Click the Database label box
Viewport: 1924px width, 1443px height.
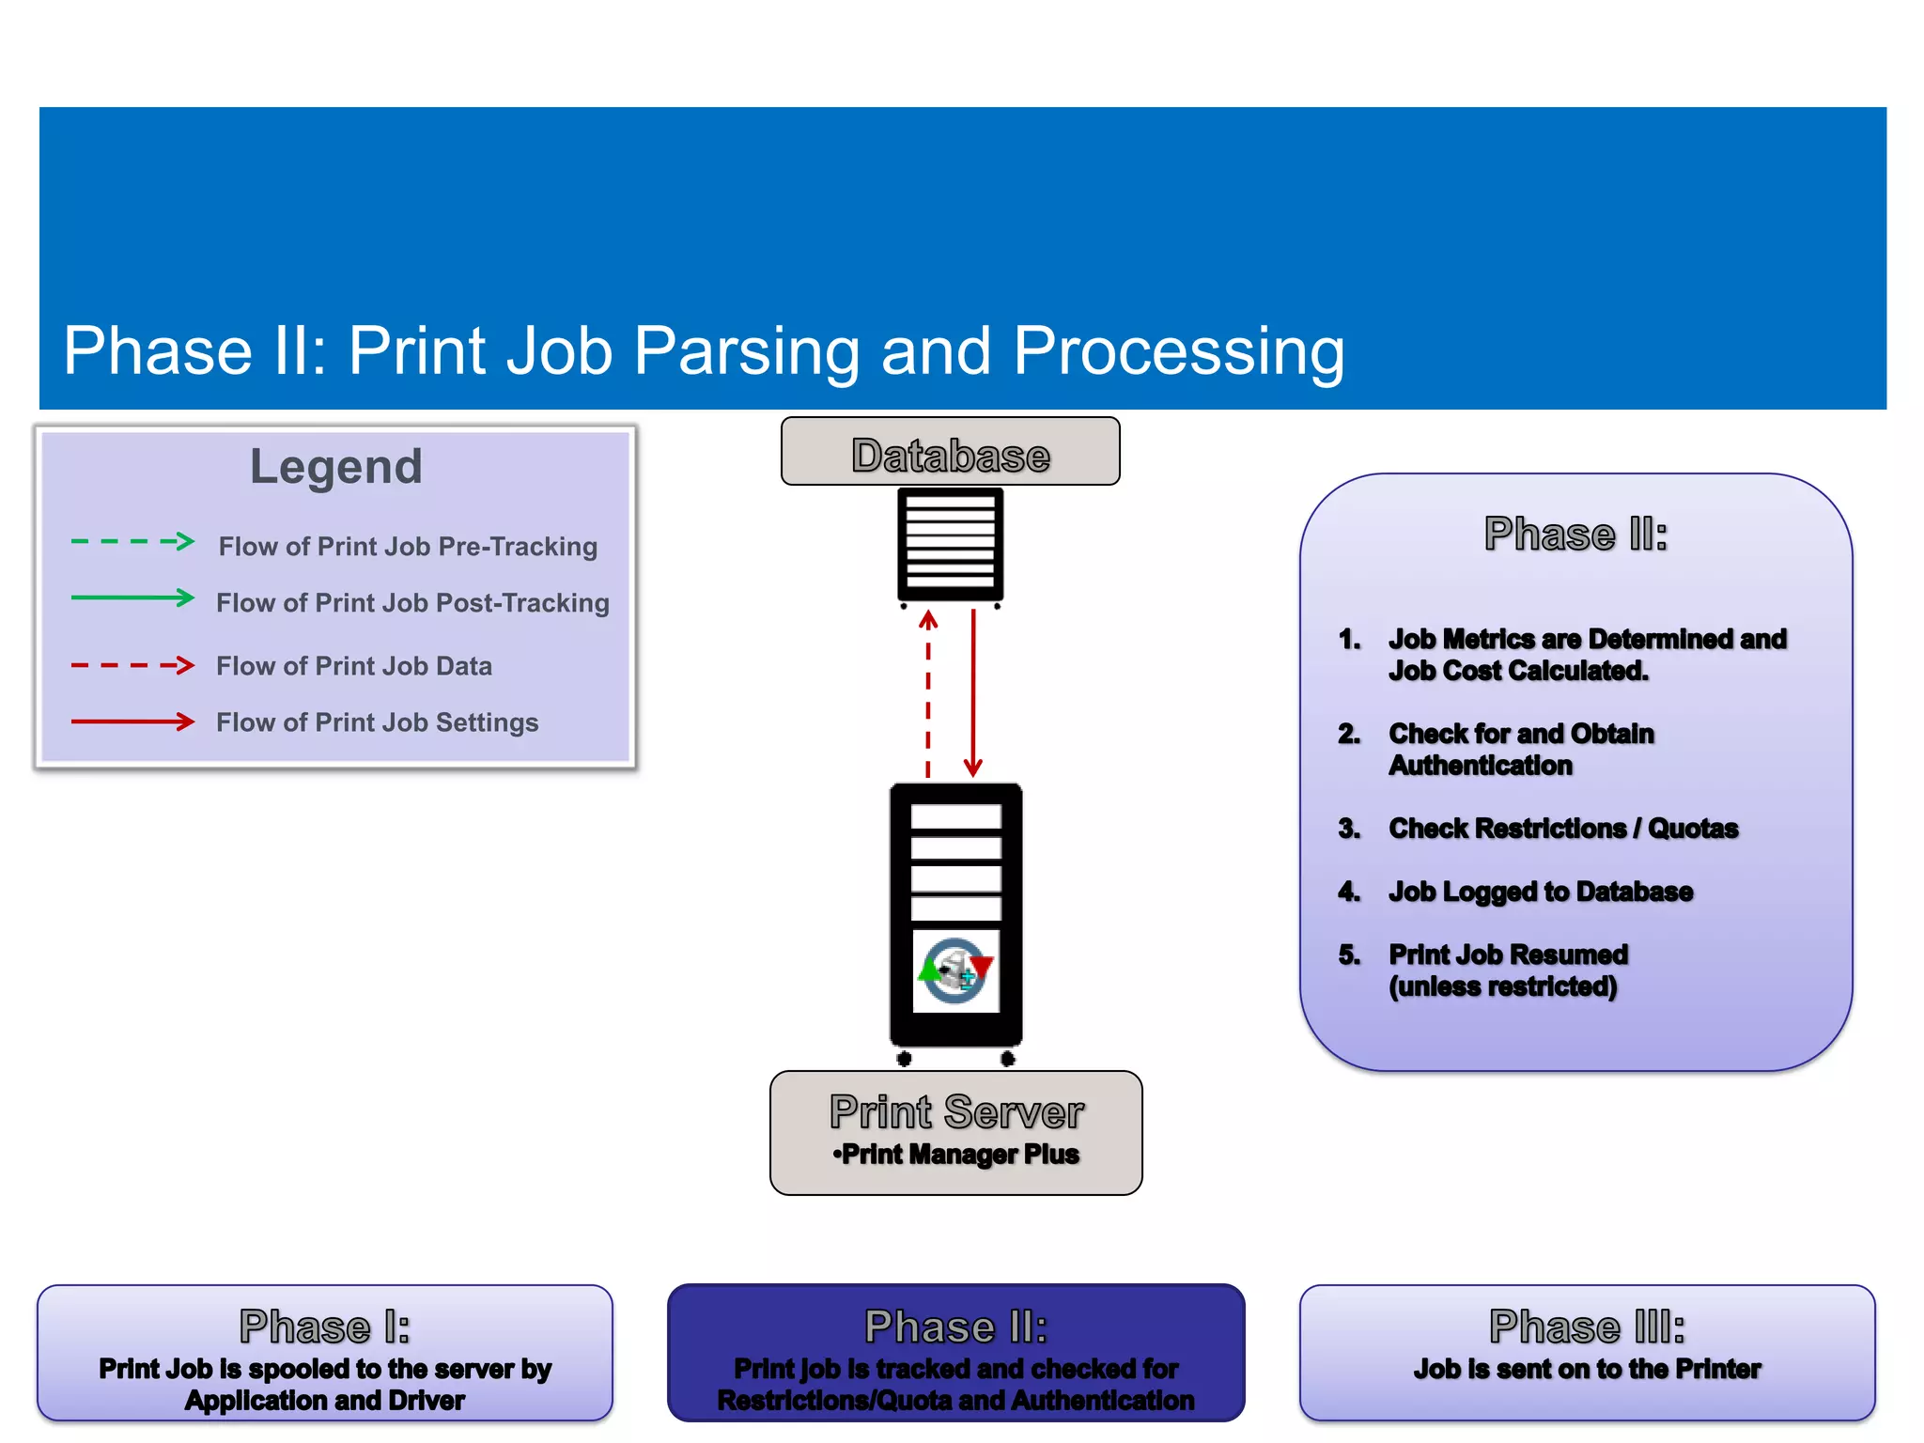(950, 452)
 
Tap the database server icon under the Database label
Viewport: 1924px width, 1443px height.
(950, 545)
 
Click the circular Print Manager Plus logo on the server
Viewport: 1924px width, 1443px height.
(955, 970)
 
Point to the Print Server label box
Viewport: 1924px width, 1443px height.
(955, 1132)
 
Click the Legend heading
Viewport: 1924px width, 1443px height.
(335, 467)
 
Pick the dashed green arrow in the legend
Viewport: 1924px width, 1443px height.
(132, 542)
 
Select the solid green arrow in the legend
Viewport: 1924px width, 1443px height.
(132, 598)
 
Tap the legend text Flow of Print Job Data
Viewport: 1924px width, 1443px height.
(354, 666)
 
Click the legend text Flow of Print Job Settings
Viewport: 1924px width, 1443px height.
(377, 722)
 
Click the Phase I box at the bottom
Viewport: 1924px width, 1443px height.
(325, 1354)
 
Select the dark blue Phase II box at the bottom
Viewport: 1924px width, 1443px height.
(955, 1354)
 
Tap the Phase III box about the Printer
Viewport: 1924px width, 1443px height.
(1587, 1354)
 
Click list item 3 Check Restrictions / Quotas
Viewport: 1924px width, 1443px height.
(1563, 829)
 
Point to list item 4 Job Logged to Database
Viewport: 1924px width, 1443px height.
(1541, 892)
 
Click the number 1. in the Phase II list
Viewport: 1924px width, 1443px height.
(1350, 640)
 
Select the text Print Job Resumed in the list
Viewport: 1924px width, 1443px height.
(1508, 954)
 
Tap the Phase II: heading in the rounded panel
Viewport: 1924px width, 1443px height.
(1575, 535)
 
